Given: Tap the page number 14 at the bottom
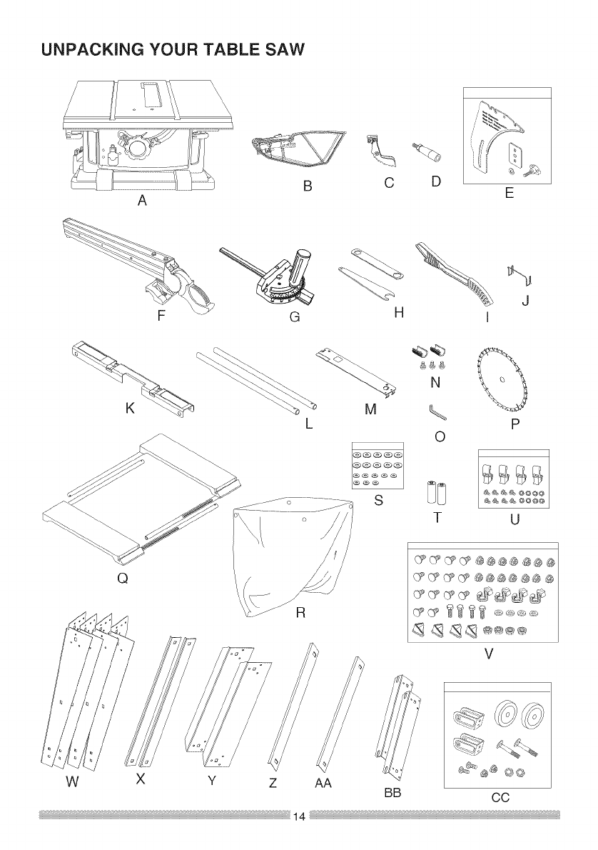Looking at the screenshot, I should [299, 816].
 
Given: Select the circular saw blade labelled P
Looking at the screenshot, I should [503, 378].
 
